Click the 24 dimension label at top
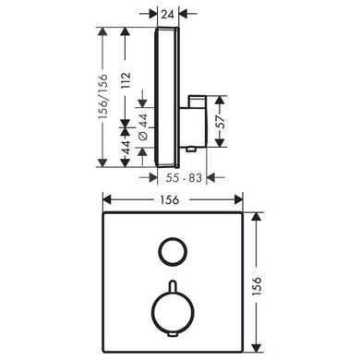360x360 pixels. pyautogui.click(x=168, y=14)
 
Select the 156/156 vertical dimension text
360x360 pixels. pyautogui.click(x=102, y=97)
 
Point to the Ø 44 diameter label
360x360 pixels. pyautogui.click(x=143, y=127)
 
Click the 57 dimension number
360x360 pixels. pyautogui.click(x=220, y=121)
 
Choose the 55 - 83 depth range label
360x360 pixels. pyautogui.click(x=184, y=177)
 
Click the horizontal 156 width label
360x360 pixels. pyautogui.click(x=170, y=200)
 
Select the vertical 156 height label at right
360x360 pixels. pyautogui.click(x=257, y=286)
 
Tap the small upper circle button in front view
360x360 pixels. pyautogui.click(x=173, y=252)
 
